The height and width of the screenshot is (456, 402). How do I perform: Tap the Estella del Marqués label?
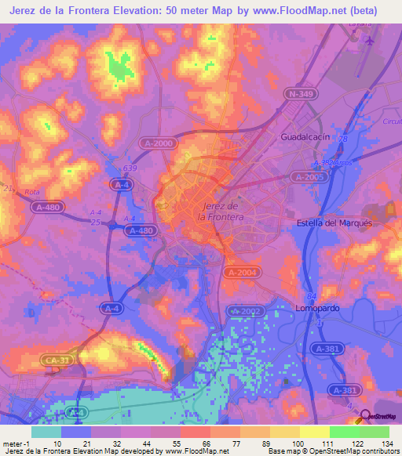pos(334,223)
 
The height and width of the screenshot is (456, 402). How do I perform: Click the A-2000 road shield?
pos(159,143)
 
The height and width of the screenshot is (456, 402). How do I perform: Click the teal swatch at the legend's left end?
pos(46,432)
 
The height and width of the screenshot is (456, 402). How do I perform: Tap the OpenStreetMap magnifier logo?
pos(366,415)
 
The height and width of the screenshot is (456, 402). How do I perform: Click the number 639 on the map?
pos(130,168)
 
